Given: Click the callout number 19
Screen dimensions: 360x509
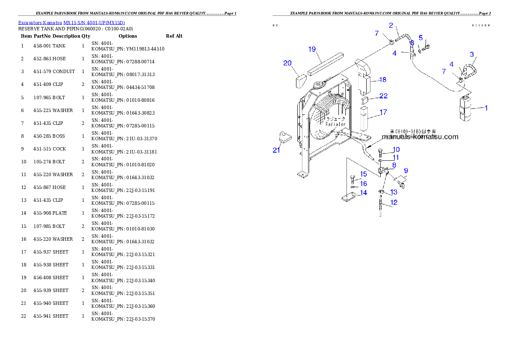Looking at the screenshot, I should (x=312, y=49).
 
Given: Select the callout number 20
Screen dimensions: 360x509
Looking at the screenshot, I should (x=287, y=63).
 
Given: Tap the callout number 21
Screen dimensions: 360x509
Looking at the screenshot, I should (x=276, y=150).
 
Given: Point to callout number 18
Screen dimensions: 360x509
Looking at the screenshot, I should (x=382, y=80).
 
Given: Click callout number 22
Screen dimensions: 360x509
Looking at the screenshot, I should (x=384, y=96).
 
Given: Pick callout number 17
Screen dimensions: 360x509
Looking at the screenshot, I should (x=383, y=112).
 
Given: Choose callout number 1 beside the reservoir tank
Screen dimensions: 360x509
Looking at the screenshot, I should (x=486, y=108).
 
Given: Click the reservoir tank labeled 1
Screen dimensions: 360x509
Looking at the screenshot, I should (x=465, y=109).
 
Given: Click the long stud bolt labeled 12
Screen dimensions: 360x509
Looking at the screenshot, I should (x=381, y=206).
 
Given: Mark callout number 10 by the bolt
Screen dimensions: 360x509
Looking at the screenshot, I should (x=396, y=150).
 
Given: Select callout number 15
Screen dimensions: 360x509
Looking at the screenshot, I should (x=363, y=174).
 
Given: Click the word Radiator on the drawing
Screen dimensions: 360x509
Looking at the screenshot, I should (x=335, y=124).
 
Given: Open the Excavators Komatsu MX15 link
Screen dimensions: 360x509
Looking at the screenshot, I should (x=71, y=23).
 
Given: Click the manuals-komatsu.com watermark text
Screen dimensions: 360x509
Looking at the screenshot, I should (x=420, y=137).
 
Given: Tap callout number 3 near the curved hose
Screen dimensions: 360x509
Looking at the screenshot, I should (x=472, y=54).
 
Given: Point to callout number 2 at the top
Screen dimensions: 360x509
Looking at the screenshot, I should (x=391, y=26).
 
